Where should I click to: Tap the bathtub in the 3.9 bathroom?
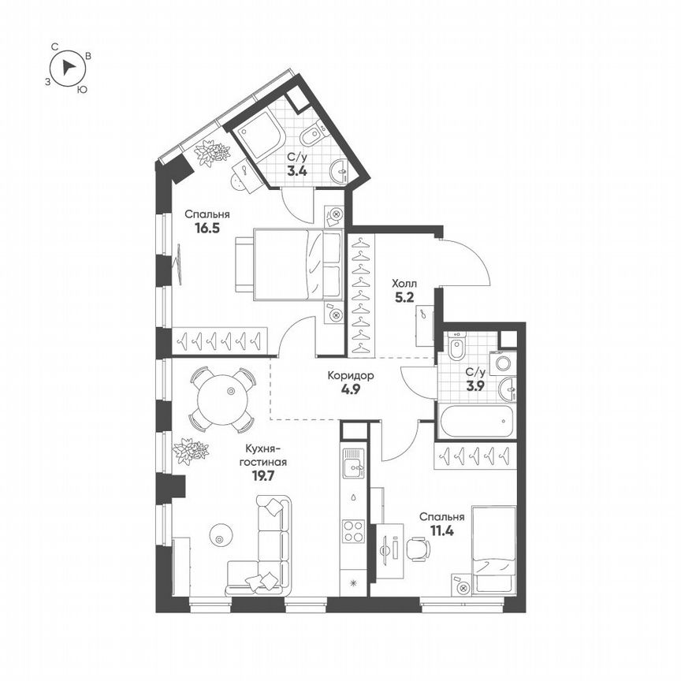[477, 420]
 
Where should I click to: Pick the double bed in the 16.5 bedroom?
[288, 264]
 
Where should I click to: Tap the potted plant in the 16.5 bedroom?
[211, 152]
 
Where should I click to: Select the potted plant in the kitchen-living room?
[191, 451]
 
